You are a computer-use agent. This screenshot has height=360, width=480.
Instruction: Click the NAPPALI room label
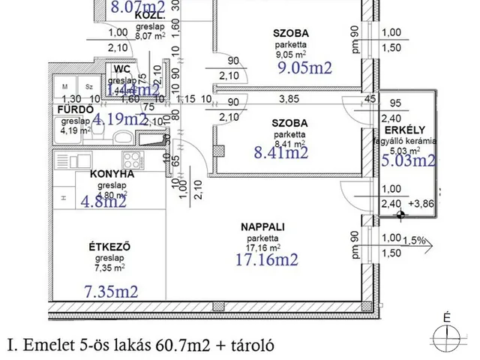tap(261, 226)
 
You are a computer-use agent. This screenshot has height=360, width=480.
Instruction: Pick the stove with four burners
tap(131, 160)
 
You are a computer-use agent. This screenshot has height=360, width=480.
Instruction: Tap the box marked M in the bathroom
tap(66, 87)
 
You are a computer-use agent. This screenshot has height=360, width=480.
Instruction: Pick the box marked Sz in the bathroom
tap(88, 87)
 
